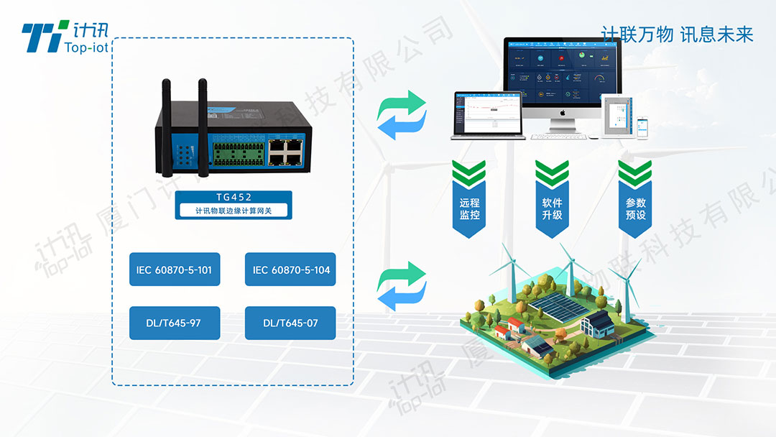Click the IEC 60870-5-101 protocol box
(x=175, y=270)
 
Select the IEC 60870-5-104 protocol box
(x=291, y=270)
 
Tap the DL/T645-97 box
(x=175, y=323)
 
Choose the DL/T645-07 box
(x=291, y=323)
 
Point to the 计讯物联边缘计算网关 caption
(x=234, y=211)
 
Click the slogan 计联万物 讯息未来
(x=677, y=34)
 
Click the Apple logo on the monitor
(x=563, y=112)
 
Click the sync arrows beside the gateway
(x=402, y=115)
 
